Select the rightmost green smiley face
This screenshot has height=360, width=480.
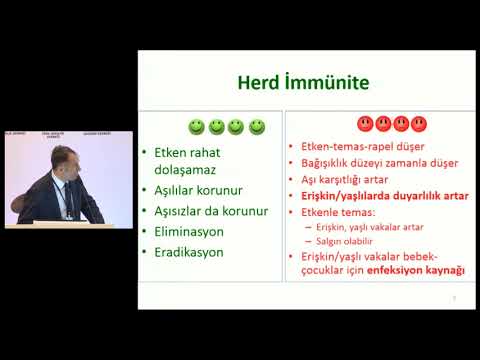[257, 127]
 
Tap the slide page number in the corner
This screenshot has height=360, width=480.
[455, 297]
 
